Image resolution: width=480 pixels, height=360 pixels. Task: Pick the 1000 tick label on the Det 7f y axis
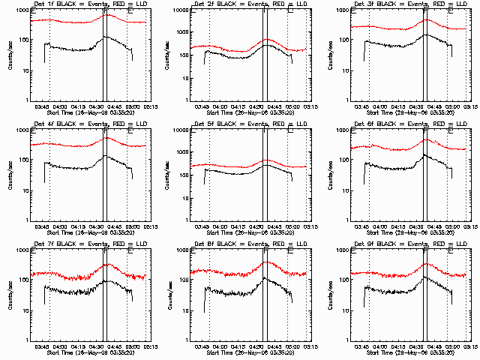[x=21, y=250]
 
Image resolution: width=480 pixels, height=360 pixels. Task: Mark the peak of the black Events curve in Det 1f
[x=105, y=36]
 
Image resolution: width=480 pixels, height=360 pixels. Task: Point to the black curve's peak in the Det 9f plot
[x=426, y=277]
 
